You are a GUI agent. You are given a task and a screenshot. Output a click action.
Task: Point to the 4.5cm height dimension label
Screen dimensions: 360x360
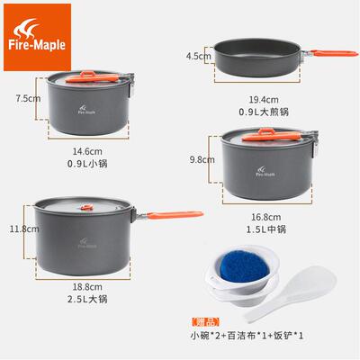[197, 55]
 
